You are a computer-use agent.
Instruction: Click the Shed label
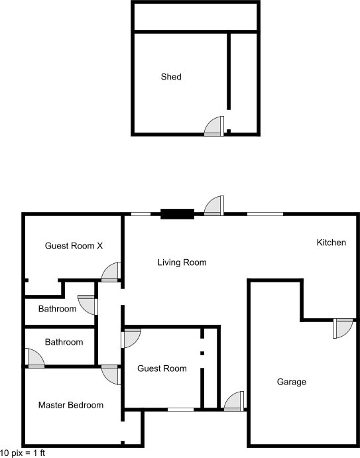click(x=171, y=77)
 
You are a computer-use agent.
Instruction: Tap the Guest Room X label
click(x=74, y=246)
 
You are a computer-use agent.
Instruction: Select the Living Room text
click(x=182, y=262)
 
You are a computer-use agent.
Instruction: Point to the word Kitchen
click(x=331, y=243)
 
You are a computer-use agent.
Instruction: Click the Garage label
click(x=292, y=382)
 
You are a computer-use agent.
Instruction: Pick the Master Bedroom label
click(x=71, y=405)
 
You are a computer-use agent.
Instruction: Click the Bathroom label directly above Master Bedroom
click(x=64, y=342)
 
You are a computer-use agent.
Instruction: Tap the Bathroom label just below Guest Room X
click(x=57, y=309)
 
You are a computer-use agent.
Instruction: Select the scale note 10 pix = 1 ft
click(x=23, y=453)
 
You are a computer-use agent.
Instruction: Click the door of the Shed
click(x=214, y=126)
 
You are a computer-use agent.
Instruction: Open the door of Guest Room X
click(x=111, y=272)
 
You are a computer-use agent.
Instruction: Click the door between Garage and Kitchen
click(x=343, y=328)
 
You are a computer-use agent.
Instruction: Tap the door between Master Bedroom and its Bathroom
click(x=34, y=358)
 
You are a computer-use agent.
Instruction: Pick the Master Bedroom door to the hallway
click(x=111, y=374)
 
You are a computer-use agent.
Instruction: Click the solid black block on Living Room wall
click(x=178, y=214)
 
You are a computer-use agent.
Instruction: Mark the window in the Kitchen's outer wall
click(x=265, y=214)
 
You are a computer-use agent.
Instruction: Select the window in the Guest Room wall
click(x=180, y=410)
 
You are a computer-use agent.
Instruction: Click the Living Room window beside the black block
click(x=141, y=214)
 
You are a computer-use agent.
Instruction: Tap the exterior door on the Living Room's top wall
click(x=214, y=205)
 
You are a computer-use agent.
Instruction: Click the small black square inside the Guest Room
click(x=202, y=353)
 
